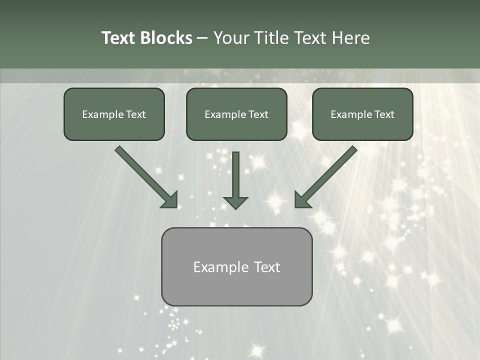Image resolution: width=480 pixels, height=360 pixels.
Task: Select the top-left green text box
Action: (114, 114)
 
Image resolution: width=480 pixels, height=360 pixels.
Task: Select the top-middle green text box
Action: (236, 114)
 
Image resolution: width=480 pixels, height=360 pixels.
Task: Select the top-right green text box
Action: (362, 114)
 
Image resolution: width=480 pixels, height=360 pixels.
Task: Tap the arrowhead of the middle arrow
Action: (235, 202)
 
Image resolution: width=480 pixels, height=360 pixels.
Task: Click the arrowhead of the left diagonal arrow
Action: (170, 199)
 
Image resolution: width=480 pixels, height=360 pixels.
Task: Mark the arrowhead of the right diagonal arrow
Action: (302, 199)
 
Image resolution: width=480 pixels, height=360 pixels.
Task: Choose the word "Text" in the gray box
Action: (266, 267)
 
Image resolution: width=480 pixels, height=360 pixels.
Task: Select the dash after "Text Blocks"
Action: (202, 38)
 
